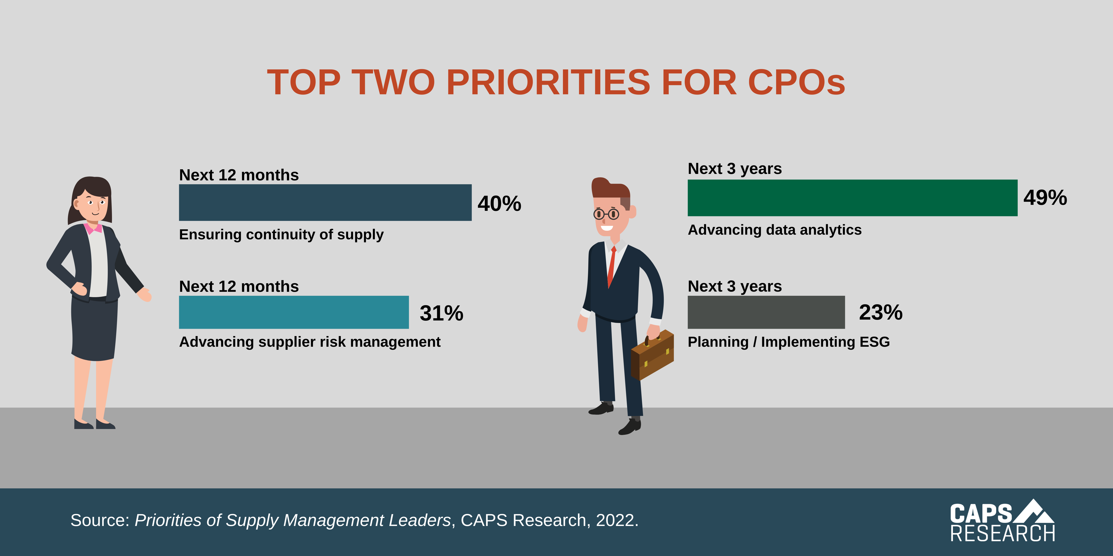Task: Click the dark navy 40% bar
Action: (325, 202)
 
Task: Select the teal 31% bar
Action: (294, 312)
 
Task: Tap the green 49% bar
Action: (852, 198)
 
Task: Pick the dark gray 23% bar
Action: (766, 312)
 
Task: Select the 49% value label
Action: (1045, 198)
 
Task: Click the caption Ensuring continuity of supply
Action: (281, 234)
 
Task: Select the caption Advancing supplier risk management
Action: (309, 342)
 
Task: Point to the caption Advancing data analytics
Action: (774, 230)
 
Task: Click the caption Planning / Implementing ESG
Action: (788, 342)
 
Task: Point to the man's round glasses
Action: (606, 214)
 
